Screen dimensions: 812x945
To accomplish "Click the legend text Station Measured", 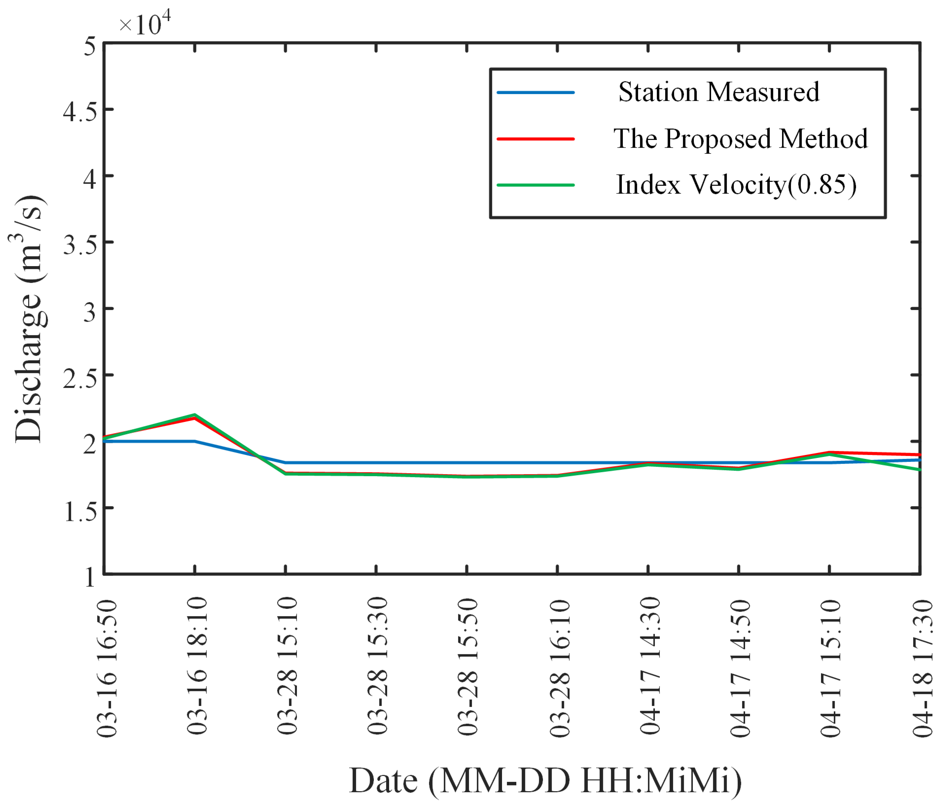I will pos(719,92).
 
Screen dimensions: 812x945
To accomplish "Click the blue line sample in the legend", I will pos(535,92).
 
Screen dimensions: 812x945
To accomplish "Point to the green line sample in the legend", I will pos(535,185).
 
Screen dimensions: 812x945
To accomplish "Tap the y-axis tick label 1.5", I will pos(80,511).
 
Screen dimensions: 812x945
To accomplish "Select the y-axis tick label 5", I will pos(89,46).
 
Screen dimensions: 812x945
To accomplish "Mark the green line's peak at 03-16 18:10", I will pos(195,415).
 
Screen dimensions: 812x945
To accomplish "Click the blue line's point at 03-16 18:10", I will pos(195,441).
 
